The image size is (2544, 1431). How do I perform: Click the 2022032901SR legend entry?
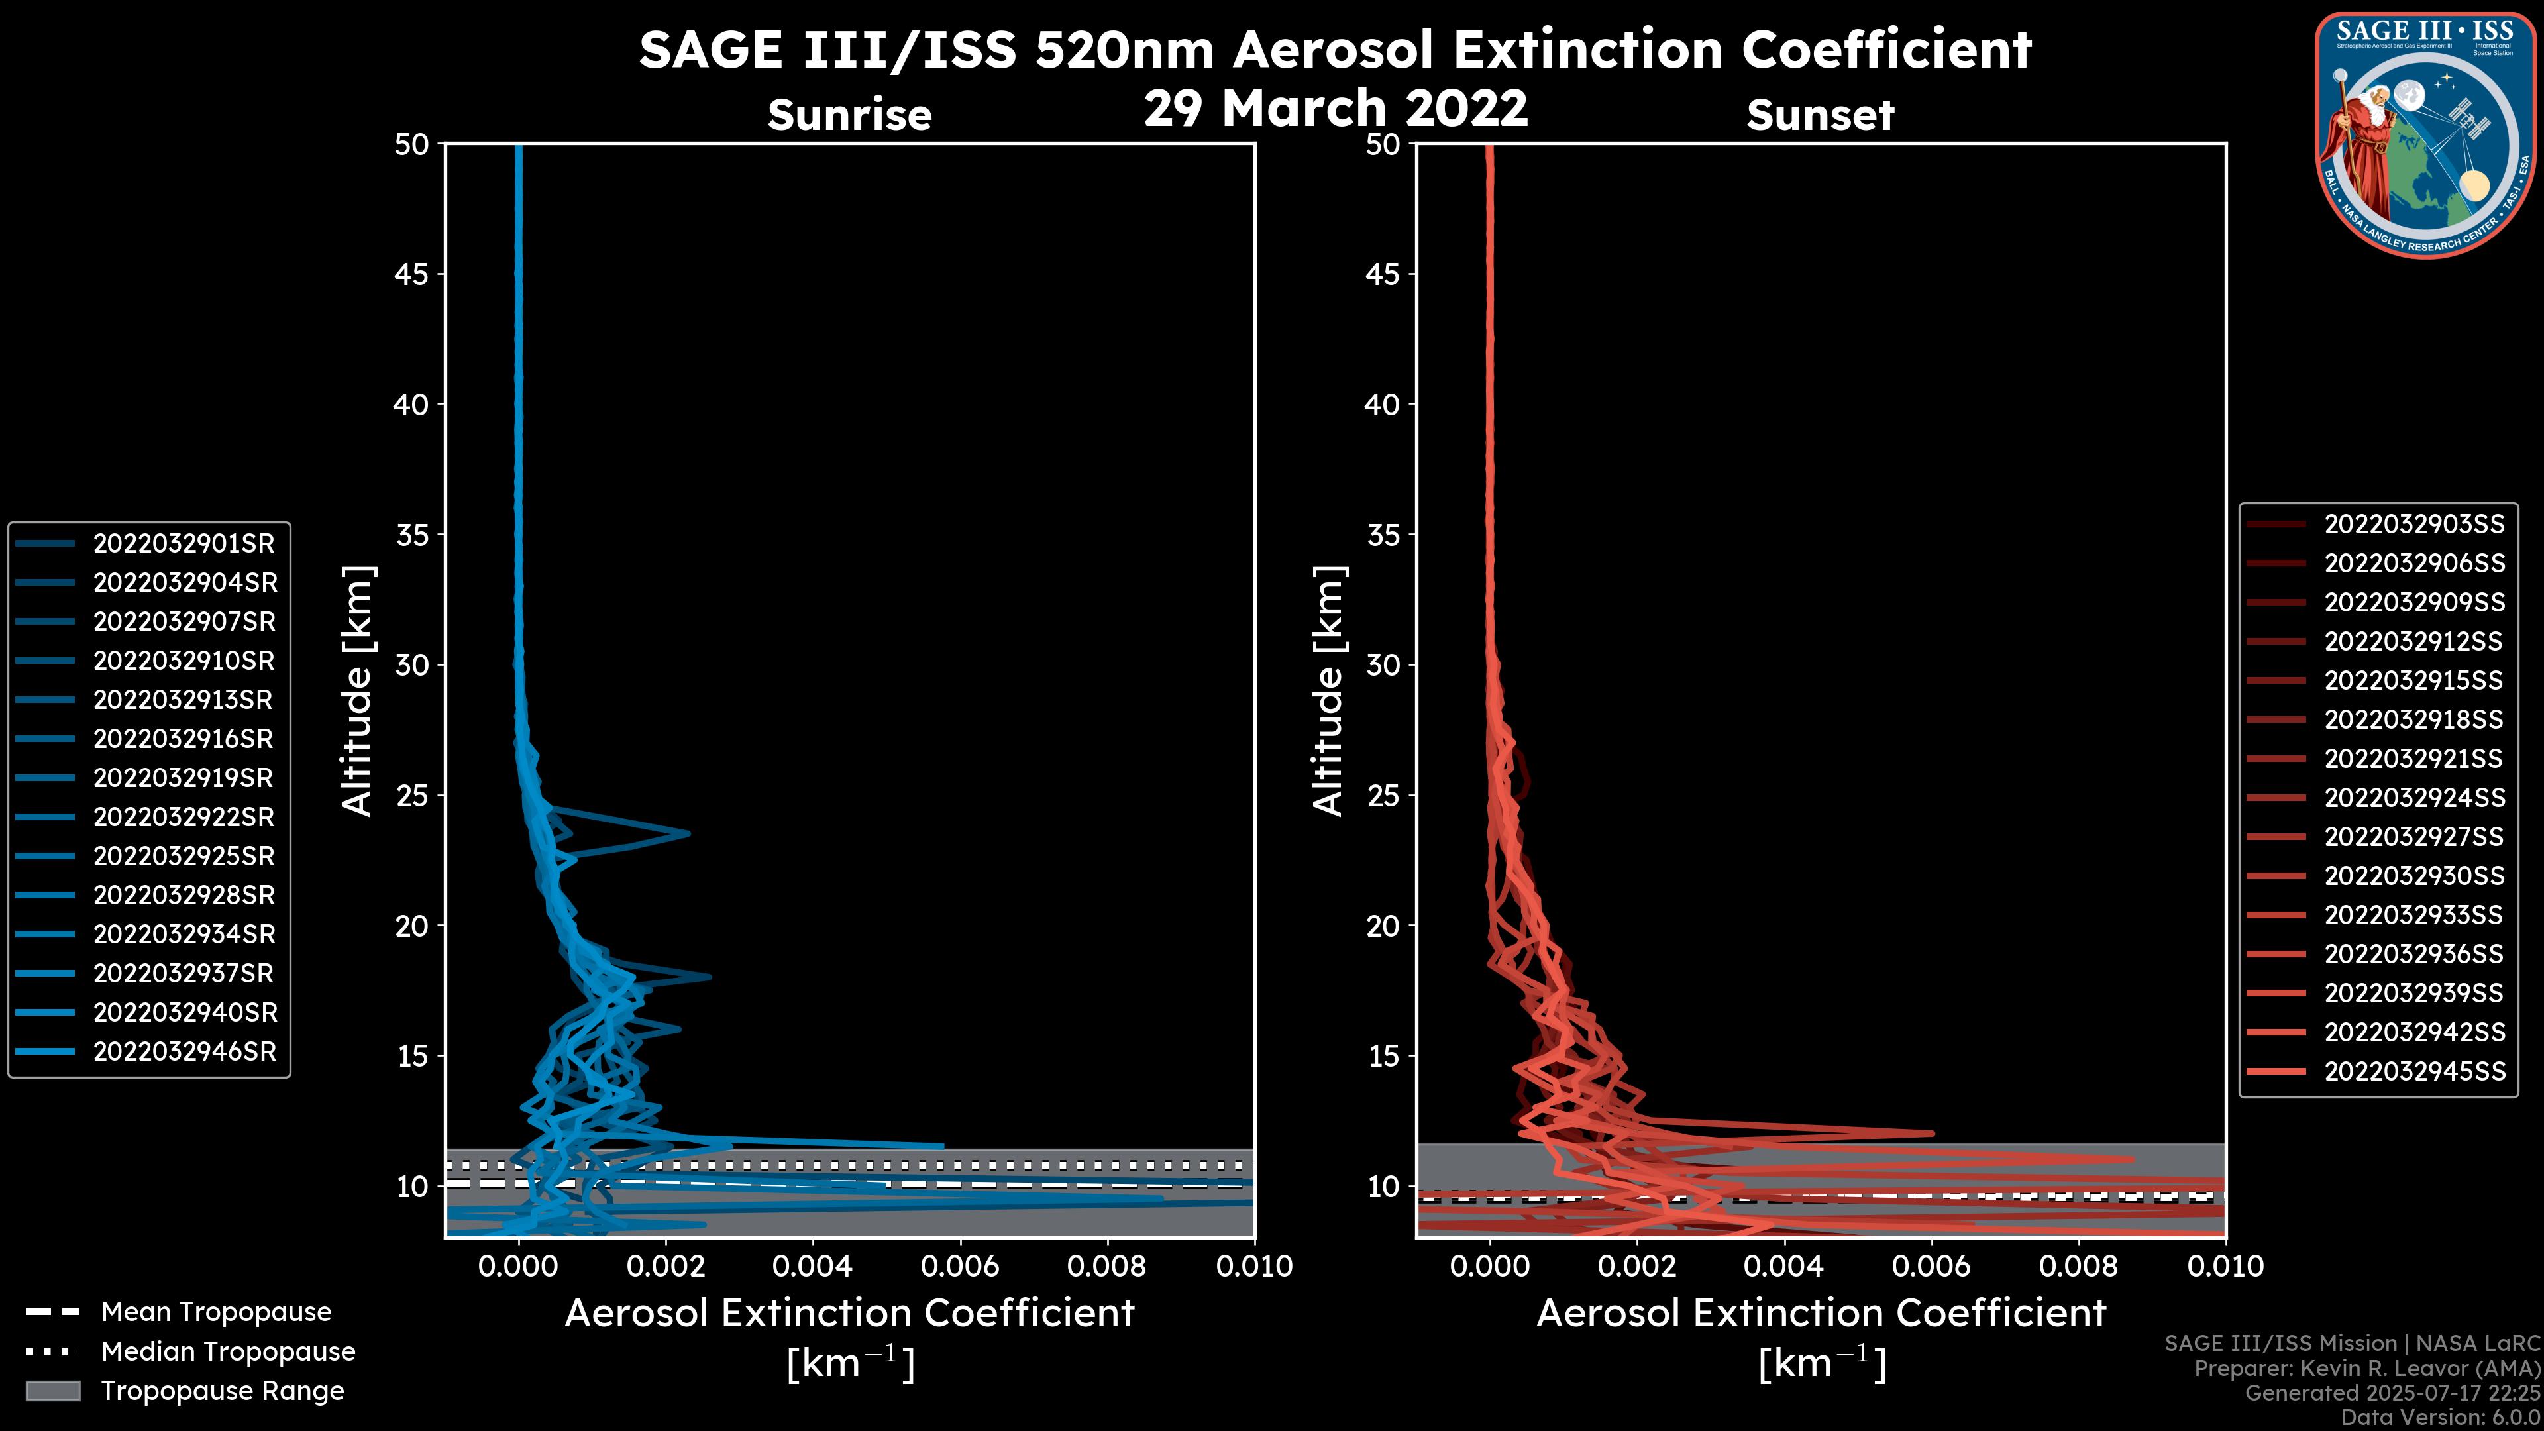click(x=184, y=543)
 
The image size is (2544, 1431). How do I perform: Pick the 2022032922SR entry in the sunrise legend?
click(x=184, y=817)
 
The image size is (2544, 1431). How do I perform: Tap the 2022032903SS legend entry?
click(x=2413, y=525)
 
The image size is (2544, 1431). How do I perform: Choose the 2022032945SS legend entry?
click(x=2413, y=1071)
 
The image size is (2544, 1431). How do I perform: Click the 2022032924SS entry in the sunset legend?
click(x=2413, y=798)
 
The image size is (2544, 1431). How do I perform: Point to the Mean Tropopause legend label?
click(x=216, y=1312)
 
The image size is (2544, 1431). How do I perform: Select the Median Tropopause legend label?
click(x=228, y=1352)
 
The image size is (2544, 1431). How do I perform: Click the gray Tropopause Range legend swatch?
click(x=52, y=1391)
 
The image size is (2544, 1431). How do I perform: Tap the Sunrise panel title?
click(x=849, y=115)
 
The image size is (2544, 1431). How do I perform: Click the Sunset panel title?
click(x=1820, y=115)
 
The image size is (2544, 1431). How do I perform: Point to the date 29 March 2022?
click(x=1335, y=107)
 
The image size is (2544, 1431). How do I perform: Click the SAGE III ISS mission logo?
click(x=2425, y=135)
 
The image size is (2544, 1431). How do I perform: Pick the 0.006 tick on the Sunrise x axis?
click(x=960, y=1266)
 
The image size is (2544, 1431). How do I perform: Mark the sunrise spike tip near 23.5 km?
click(x=688, y=833)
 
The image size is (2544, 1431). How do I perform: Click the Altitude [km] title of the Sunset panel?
click(x=1328, y=690)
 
